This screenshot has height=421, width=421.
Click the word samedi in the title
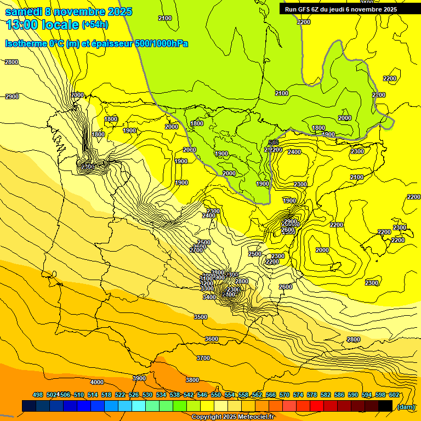24,12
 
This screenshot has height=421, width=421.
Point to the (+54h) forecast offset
95,25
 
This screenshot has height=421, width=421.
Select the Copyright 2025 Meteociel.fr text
233,417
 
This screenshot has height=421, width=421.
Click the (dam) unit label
406,406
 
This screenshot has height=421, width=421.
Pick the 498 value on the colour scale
38,395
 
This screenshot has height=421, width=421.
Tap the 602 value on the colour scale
394,395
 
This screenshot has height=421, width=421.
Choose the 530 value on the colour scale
147,395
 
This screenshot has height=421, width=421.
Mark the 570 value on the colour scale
285,395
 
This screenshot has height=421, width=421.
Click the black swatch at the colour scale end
385,406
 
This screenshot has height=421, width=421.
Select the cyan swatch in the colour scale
139,406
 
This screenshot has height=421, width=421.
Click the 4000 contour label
97,382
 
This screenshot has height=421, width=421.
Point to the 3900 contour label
139,378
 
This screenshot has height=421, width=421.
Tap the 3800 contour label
192,380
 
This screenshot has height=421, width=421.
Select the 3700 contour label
203,358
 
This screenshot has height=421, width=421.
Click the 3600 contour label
211,339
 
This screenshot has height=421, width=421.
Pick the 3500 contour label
201,317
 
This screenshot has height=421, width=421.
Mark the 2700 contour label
196,250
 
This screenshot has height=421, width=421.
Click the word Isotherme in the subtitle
25,43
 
